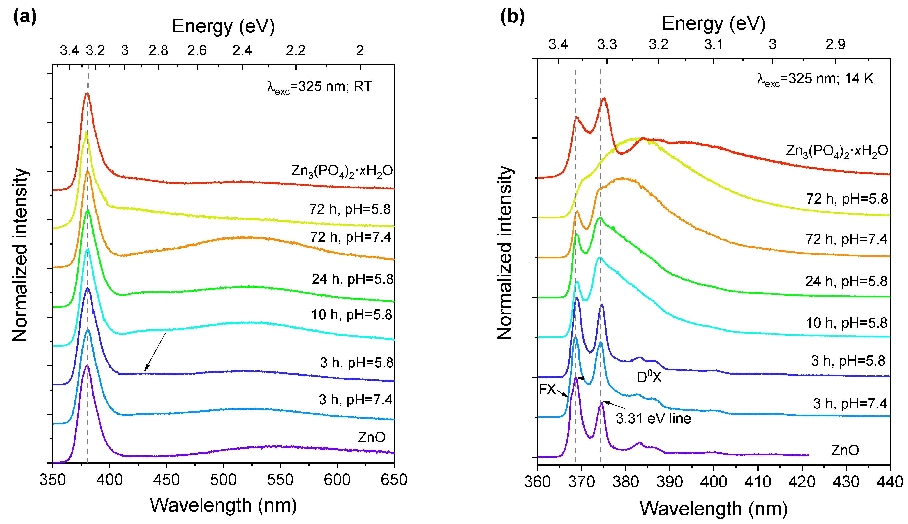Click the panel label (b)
(512, 17)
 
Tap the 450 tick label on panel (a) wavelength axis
(166, 480)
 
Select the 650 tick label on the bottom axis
(394, 480)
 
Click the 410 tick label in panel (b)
(758, 482)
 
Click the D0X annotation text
(649, 377)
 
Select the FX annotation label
(547, 390)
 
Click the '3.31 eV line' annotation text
(653, 419)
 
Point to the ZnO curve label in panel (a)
(372, 437)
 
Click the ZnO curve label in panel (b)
(845, 450)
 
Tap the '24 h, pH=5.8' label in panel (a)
(353, 279)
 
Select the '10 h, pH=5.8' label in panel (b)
(846, 323)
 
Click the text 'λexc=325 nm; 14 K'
(815, 79)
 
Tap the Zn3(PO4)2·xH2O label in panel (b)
(837, 151)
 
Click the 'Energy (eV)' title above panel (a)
(223, 26)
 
